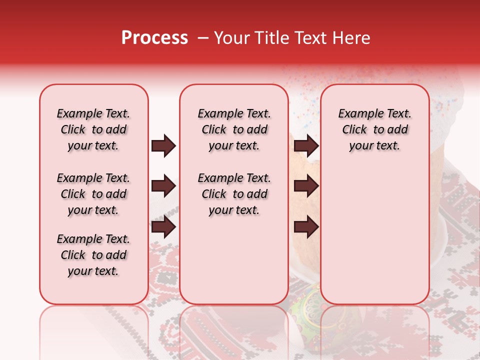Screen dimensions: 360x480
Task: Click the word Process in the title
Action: click(154, 37)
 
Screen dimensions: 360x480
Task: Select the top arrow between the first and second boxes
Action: click(163, 146)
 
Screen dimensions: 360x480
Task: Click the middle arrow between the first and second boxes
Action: click(163, 186)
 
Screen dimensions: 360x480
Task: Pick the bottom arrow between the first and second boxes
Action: click(163, 227)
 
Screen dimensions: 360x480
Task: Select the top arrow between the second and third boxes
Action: click(306, 146)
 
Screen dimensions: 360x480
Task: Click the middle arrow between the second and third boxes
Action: click(306, 186)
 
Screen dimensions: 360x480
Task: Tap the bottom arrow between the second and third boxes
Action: click(306, 227)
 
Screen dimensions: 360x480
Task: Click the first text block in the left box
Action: click(93, 129)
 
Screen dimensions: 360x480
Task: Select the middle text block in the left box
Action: click(93, 194)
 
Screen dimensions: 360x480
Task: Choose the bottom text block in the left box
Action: click(93, 255)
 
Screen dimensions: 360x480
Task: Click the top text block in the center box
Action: click(234, 129)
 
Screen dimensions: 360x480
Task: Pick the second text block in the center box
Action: click(234, 194)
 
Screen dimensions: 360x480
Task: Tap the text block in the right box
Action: click(375, 129)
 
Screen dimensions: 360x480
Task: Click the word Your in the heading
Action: click(231, 38)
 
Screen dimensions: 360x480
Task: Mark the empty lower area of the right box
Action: click(375, 230)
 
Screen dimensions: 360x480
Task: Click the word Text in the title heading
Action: click(309, 38)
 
